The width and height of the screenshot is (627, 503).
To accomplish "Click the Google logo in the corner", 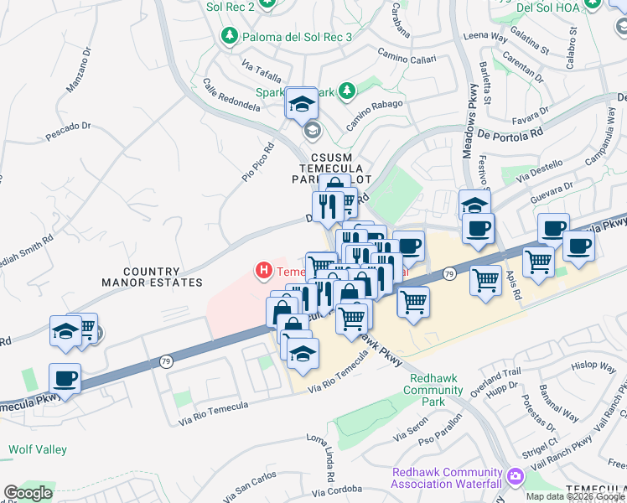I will (28, 493).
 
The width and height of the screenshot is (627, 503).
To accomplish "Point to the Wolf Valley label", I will (38, 450).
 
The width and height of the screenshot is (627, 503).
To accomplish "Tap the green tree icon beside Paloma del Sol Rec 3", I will (228, 36).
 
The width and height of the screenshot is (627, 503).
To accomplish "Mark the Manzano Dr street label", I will (85, 68).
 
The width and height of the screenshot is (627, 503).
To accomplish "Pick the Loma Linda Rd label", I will (324, 451).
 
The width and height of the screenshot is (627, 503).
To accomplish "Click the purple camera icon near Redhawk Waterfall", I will (515, 478).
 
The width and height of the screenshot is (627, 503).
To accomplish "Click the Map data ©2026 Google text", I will (575, 496).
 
